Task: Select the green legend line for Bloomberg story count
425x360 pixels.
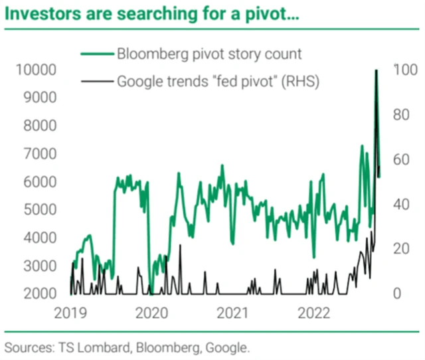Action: [x=96, y=54]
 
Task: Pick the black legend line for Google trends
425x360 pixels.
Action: [x=96, y=82]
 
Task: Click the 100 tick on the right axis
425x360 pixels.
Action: [x=404, y=70]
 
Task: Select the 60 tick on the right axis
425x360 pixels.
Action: [x=401, y=159]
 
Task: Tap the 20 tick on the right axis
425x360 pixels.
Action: [x=401, y=248]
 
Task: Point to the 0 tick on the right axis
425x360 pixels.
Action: [x=397, y=294]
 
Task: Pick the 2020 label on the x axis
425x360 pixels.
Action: [x=152, y=313]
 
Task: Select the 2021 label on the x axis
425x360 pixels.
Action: [x=232, y=313]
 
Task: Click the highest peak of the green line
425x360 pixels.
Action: [x=377, y=70]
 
